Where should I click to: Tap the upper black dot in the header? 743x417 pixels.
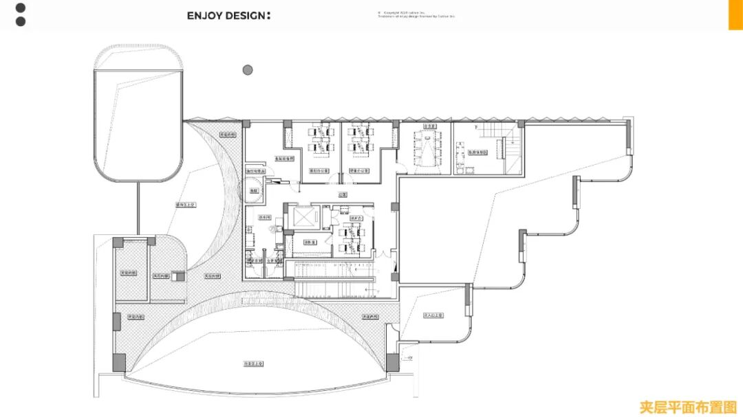coord(21,8)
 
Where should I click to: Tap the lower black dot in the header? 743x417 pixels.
coord(21,21)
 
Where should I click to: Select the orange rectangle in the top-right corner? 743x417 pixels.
coord(735,14)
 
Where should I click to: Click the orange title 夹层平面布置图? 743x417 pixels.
coord(688,407)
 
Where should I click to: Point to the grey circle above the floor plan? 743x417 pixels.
coord(248,69)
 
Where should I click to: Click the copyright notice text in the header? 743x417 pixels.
coord(416,14)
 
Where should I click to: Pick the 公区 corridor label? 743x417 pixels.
coord(343,195)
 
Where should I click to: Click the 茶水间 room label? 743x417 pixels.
coord(263,218)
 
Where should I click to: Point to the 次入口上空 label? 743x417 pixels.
coord(433,315)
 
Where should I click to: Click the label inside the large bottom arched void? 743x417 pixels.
coord(255,363)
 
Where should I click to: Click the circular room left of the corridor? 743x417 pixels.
coord(254,190)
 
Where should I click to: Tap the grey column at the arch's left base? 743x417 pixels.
coord(120,362)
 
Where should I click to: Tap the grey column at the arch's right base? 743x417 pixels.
coord(392,361)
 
